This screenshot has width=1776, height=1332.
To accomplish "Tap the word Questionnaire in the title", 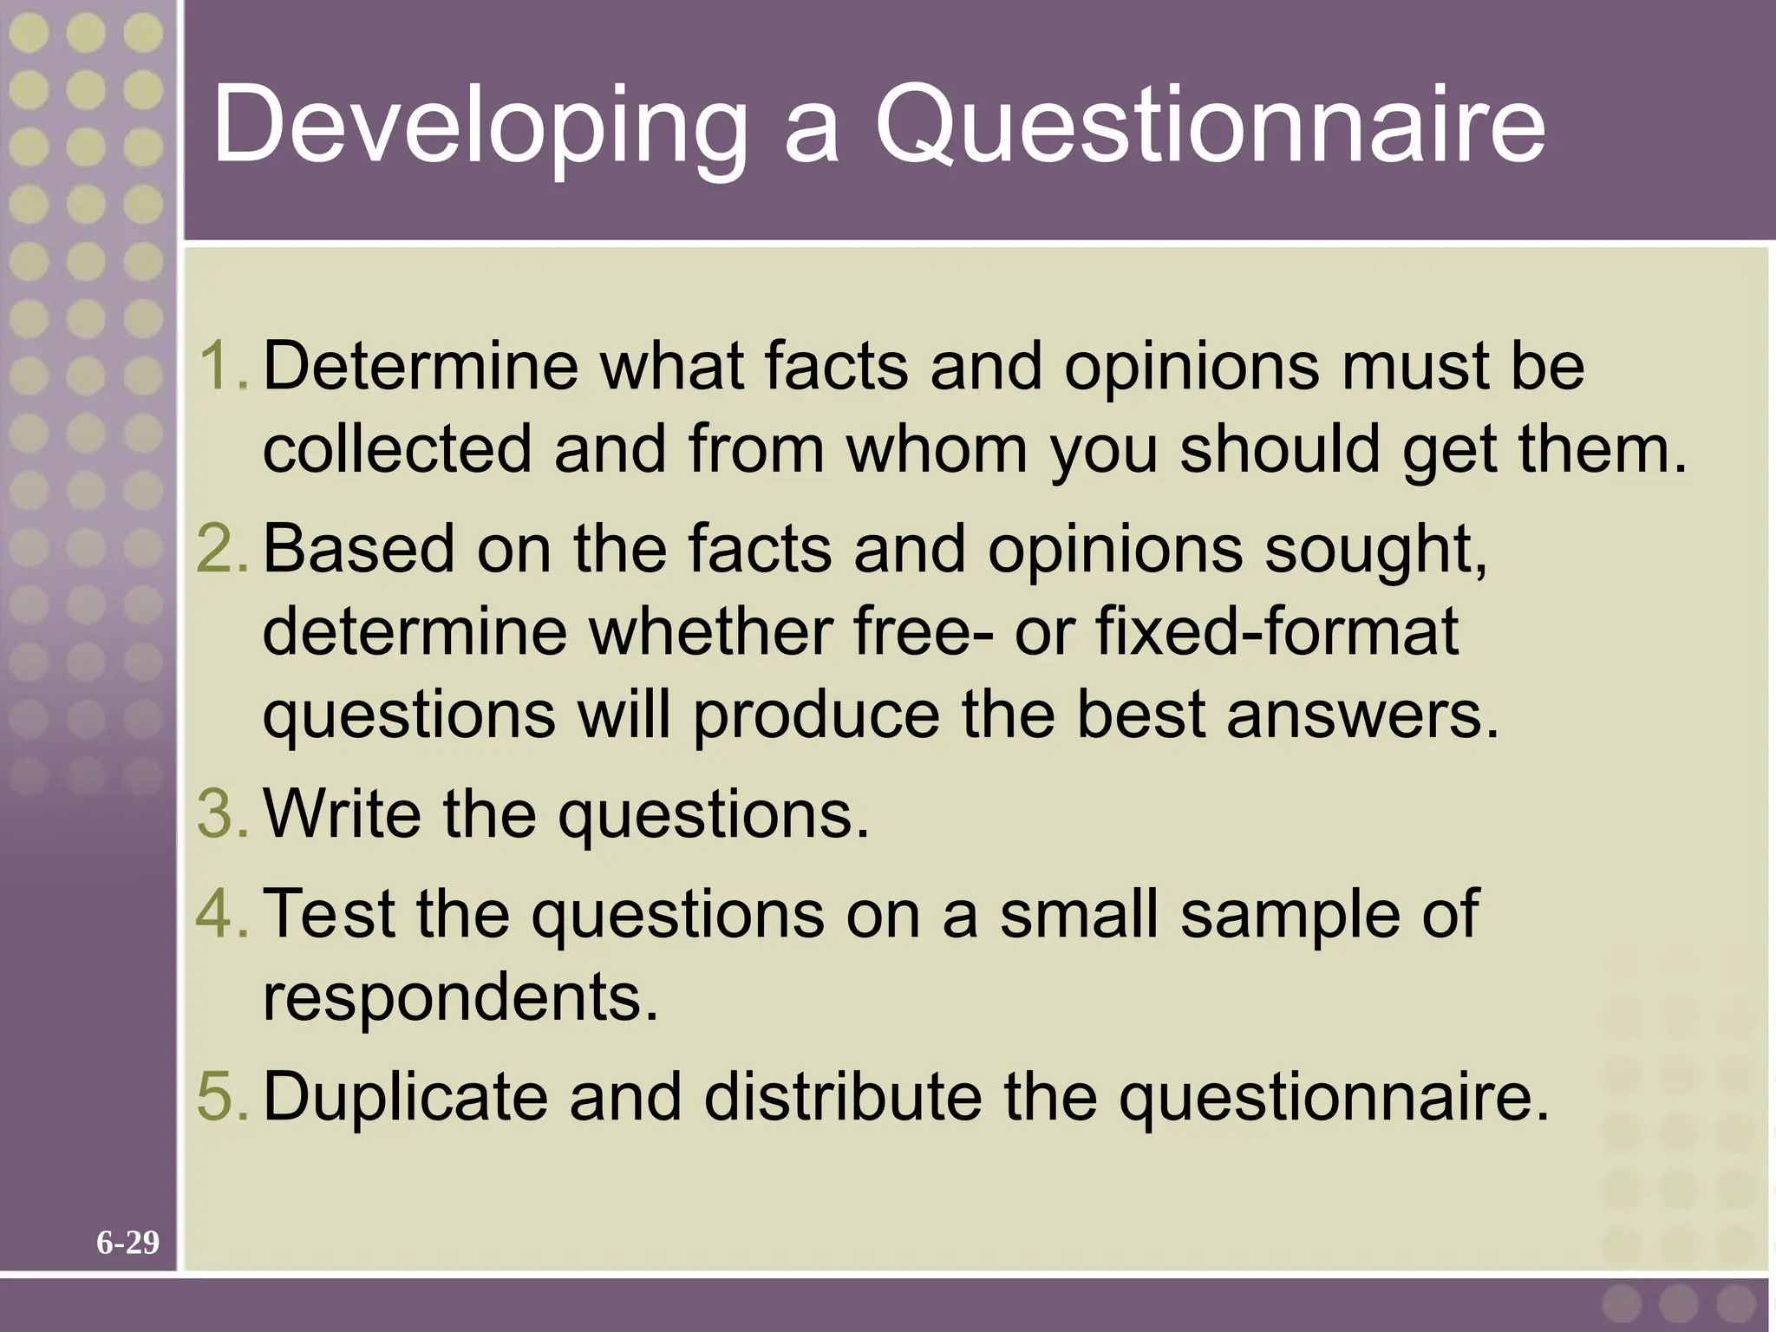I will [x=1210, y=126].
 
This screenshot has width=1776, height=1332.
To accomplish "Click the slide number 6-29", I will [x=127, y=1243].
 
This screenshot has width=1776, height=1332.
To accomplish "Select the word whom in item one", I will [x=937, y=449].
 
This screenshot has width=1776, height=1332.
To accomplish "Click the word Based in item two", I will [x=358, y=549].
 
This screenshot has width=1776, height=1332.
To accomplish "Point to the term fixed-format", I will [x=1277, y=631].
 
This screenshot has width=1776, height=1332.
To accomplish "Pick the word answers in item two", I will [x=1361, y=715].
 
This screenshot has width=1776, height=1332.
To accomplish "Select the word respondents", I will [x=460, y=996].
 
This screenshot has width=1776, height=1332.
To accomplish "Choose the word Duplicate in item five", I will [x=405, y=1096].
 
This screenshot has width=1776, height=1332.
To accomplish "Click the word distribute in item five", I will [x=842, y=1096].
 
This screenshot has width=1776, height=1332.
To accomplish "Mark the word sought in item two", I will [x=1374, y=551].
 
